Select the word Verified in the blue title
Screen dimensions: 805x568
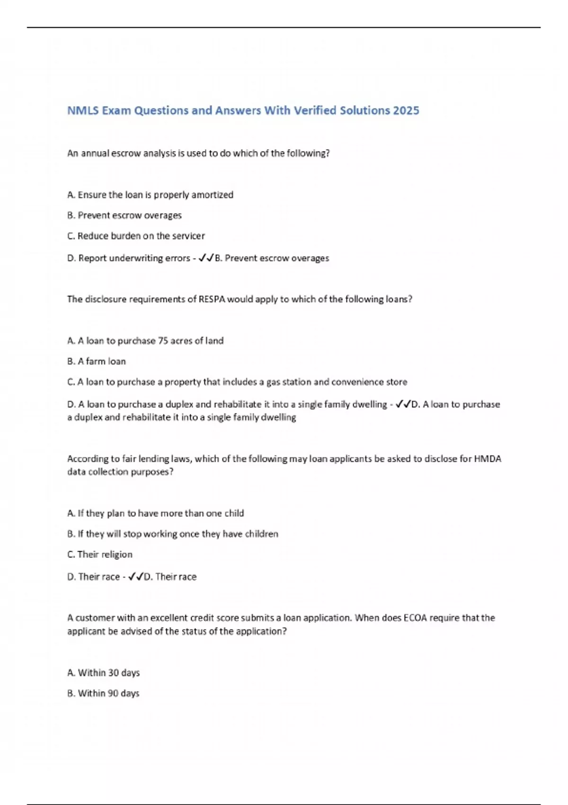316,110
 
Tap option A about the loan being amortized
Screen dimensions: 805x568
150,195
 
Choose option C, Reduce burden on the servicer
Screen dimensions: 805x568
136,236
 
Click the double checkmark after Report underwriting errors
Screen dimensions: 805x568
206,258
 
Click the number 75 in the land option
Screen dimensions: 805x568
163,340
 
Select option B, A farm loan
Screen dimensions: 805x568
97,361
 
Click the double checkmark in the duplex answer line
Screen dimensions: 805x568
403,404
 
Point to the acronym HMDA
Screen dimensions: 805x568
488,458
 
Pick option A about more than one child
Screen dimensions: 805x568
156,513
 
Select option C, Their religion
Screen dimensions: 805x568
100,555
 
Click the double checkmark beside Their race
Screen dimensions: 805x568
135,577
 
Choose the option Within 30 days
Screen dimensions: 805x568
104,673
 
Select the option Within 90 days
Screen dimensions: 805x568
103,693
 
